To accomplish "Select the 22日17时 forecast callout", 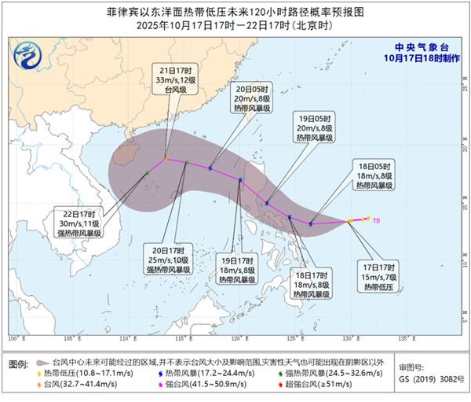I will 77,223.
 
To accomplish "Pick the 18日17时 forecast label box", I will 311,283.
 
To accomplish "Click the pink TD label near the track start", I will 377,220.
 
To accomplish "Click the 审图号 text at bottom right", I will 413,368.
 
